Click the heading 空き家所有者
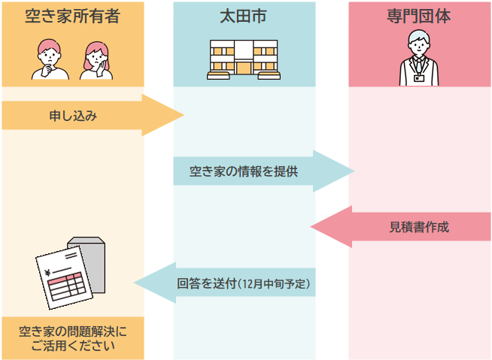(x=72, y=16)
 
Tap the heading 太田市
(x=244, y=16)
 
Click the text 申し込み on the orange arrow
(x=73, y=116)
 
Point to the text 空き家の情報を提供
(x=244, y=171)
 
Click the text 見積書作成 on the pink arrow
(x=419, y=226)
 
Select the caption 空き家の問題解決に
(x=73, y=331)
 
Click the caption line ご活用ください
(x=73, y=346)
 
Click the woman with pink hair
(x=96, y=59)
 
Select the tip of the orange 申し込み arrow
(x=182, y=115)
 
